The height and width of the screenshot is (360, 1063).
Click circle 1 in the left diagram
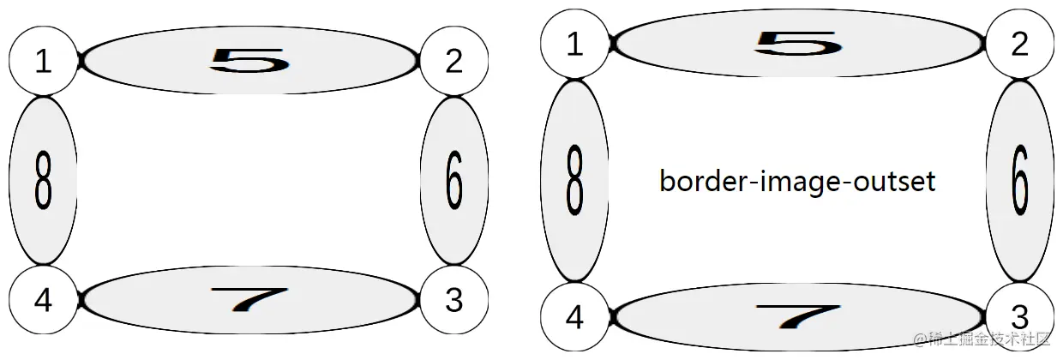coord(43,61)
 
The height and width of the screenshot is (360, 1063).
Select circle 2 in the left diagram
coord(454,61)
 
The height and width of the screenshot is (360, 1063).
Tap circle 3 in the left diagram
coord(454,300)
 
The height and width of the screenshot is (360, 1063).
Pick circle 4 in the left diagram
coord(43,300)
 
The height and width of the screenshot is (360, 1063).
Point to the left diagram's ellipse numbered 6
coord(454,180)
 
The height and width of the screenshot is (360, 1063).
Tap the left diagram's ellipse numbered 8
coord(43,180)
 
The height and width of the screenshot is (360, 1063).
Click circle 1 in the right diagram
coord(575,44)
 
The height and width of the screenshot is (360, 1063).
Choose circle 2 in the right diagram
coord(1020,44)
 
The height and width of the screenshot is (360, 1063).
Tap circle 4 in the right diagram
coord(575,317)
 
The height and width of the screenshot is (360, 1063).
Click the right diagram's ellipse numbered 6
coord(1020,180)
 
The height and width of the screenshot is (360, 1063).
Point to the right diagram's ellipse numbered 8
coord(575,180)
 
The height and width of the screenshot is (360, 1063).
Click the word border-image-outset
coord(797,182)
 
